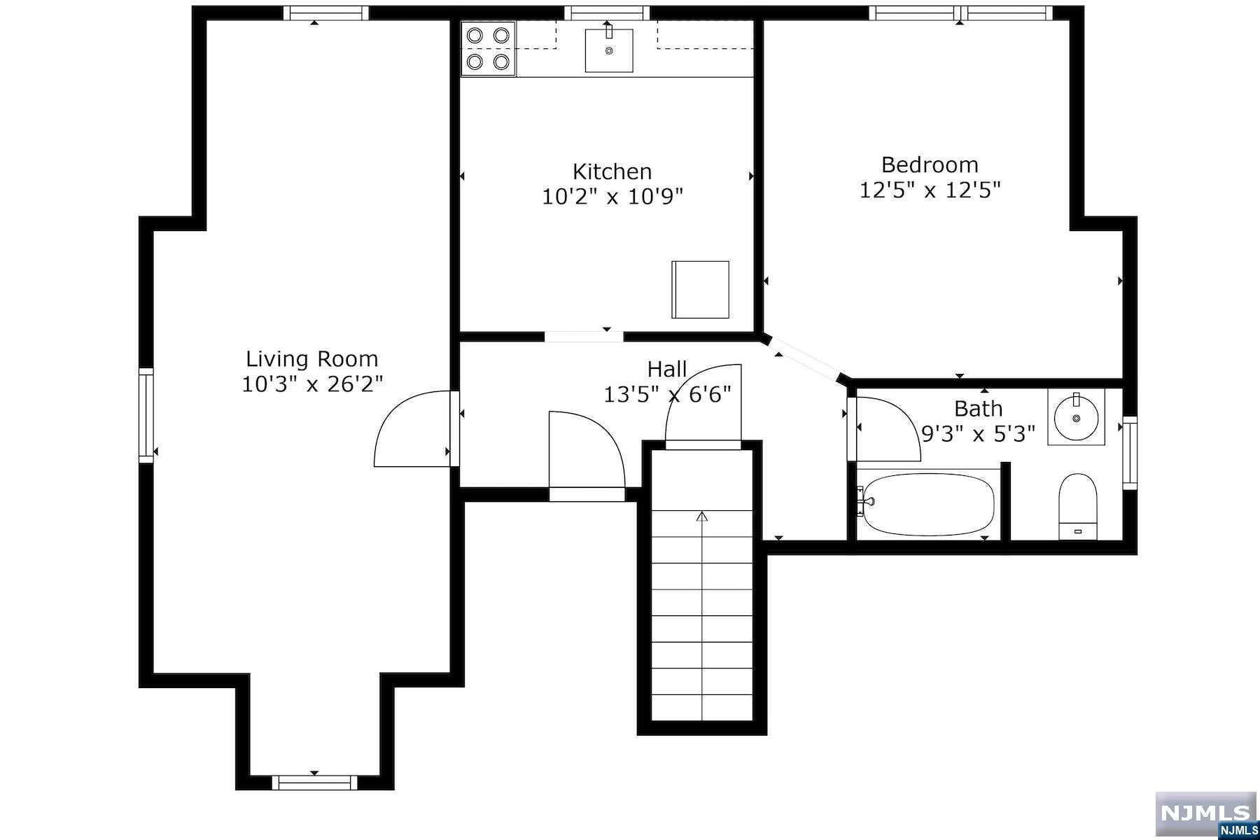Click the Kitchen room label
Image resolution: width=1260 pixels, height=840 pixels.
[x=612, y=171]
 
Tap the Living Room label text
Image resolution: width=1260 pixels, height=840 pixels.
[x=311, y=359]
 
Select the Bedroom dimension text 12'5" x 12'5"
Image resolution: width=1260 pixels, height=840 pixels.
[x=930, y=190]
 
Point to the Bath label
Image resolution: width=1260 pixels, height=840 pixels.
[x=978, y=409]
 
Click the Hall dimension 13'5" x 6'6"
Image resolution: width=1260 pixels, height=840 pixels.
[x=667, y=395]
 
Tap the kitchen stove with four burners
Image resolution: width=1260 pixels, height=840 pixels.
[x=488, y=48]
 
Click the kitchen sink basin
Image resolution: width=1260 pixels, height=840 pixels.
[x=609, y=50]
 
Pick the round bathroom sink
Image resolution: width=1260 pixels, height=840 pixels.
[x=1076, y=417]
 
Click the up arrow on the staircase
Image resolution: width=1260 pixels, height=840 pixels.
[x=702, y=517]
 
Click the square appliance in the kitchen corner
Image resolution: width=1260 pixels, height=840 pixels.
[x=700, y=289]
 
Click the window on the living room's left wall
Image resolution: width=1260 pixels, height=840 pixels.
[x=146, y=416]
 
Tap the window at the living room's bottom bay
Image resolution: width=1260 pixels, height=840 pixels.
[x=314, y=783]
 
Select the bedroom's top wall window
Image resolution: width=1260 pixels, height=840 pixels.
[x=961, y=13]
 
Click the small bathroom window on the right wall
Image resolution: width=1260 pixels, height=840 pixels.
[x=1130, y=453]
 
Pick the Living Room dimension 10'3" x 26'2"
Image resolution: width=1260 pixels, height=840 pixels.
[x=312, y=384]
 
